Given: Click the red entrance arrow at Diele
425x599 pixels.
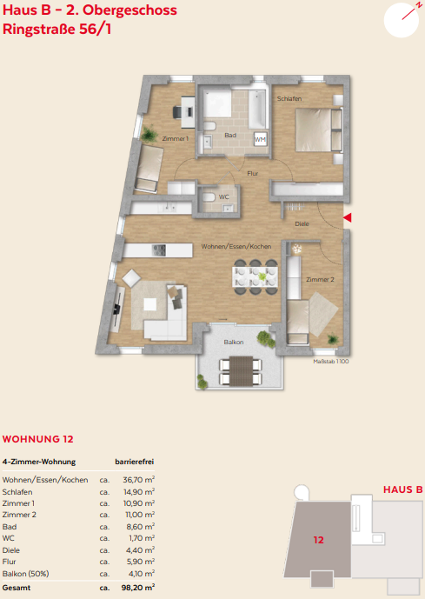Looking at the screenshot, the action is (348, 217).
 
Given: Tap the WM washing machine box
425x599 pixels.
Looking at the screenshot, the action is (260, 139).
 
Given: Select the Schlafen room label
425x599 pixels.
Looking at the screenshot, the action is (289, 98).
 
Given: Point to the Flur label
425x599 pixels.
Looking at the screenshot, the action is (252, 173).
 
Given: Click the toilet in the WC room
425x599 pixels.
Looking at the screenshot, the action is (209, 197).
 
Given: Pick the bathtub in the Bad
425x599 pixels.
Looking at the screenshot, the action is (257, 110).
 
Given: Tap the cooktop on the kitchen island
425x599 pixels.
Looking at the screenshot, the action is (159, 250).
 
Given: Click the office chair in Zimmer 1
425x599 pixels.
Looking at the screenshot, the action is (177, 112).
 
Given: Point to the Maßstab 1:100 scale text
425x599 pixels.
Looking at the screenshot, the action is (330, 362).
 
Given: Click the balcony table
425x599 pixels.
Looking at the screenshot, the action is (241, 371).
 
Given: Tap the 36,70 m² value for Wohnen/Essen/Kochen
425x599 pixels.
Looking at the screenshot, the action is (138, 480).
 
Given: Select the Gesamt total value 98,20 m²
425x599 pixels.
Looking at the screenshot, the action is (138, 588).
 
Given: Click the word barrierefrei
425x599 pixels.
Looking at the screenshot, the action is (135, 462).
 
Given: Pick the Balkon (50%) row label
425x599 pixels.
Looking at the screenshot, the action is (25, 574).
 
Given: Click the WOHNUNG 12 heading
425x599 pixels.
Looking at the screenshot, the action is (37, 439).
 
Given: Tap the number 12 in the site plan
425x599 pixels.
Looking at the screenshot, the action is (318, 540).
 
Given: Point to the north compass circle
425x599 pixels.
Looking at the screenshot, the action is (402, 20).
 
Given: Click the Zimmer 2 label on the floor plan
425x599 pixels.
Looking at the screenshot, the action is (320, 280).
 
